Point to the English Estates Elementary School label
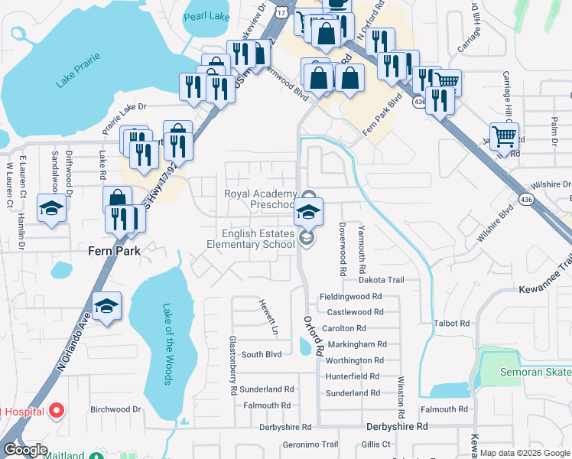[251, 239]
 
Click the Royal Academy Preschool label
[260, 199]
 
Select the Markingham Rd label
[356, 345]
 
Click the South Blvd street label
[262, 354]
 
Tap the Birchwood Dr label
[116, 409]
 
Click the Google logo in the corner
[24, 450]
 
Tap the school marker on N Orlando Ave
[107, 307]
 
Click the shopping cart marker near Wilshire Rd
[504, 137]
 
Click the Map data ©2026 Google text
[524, 453]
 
